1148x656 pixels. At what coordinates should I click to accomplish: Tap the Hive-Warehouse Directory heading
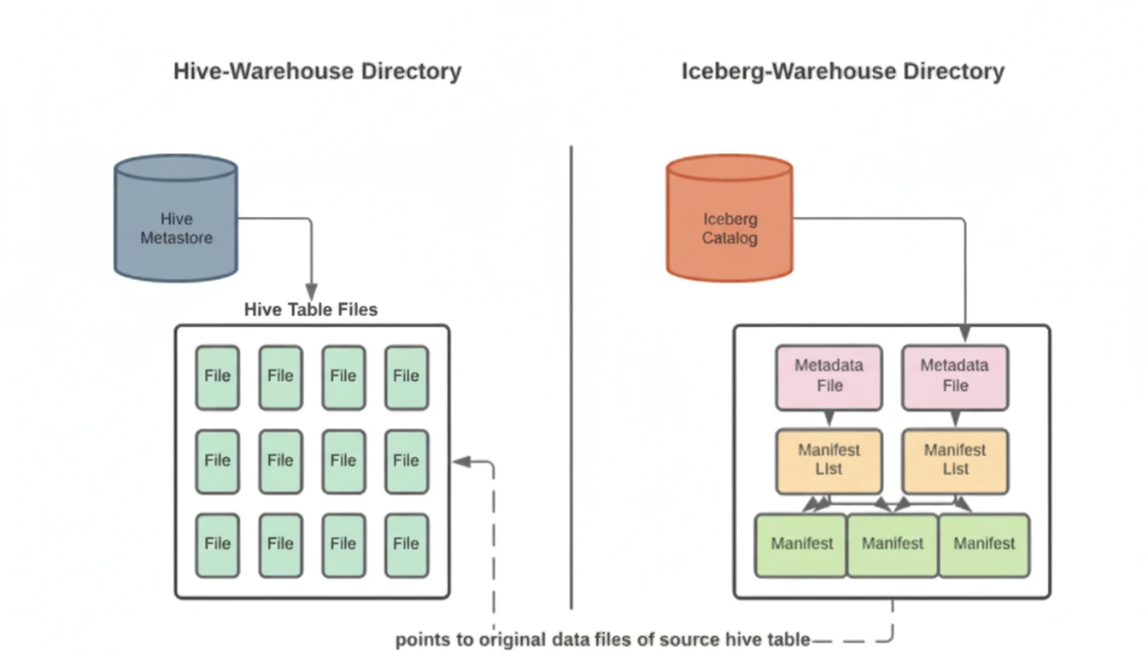[x=317, y=71]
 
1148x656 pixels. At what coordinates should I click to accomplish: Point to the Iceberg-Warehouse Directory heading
[x=842, y=71]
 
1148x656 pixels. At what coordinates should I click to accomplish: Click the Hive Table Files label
[x=311, y=309]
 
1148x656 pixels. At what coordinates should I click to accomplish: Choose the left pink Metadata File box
[x=829, y=376]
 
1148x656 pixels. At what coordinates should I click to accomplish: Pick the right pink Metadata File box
[x=955, y=376]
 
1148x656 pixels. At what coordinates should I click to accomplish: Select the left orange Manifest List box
[x=829, y=460]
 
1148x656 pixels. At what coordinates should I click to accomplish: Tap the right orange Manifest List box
[x=955, y=460]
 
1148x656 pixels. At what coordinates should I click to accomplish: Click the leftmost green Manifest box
[x=801, y=544]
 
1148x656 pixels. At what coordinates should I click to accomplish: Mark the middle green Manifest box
[x=893, y=544]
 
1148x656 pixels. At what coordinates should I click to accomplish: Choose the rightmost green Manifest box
[x=984, y=544]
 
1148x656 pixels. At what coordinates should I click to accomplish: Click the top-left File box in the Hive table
[x=217, y=377]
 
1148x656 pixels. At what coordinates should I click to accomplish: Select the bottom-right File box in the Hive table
[x=406, y=544]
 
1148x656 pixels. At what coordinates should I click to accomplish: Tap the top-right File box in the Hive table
[x=406, y=377]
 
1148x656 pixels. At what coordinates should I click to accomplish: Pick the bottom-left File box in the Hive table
[x=217, y=544]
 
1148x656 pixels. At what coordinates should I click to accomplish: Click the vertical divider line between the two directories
[x=571, y=376]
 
